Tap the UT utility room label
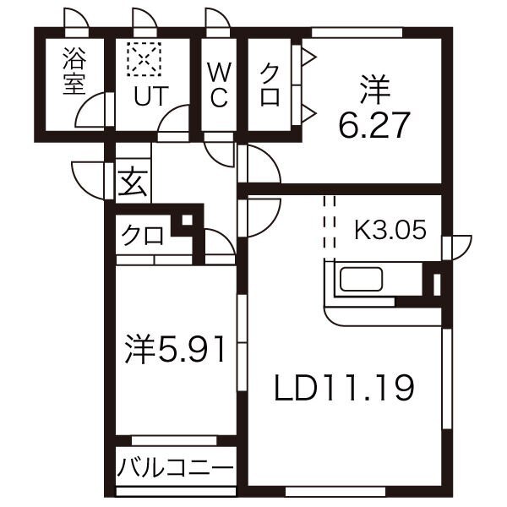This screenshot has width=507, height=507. pyautogui.click(x=144, y=95)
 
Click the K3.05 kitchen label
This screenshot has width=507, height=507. pyautogui.click(x=390, y=229)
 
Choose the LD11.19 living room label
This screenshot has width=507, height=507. pyautogui.click(x=343, y=388)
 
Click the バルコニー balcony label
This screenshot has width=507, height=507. pyautogui.click(x=175, y=466)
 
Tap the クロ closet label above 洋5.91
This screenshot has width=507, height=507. pyautogui.click(x=142, y=235)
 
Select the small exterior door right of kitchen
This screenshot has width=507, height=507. pyautogui.click(x=458, y=246)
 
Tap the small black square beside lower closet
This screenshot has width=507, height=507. pyautogui.click(x=188, y=222)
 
